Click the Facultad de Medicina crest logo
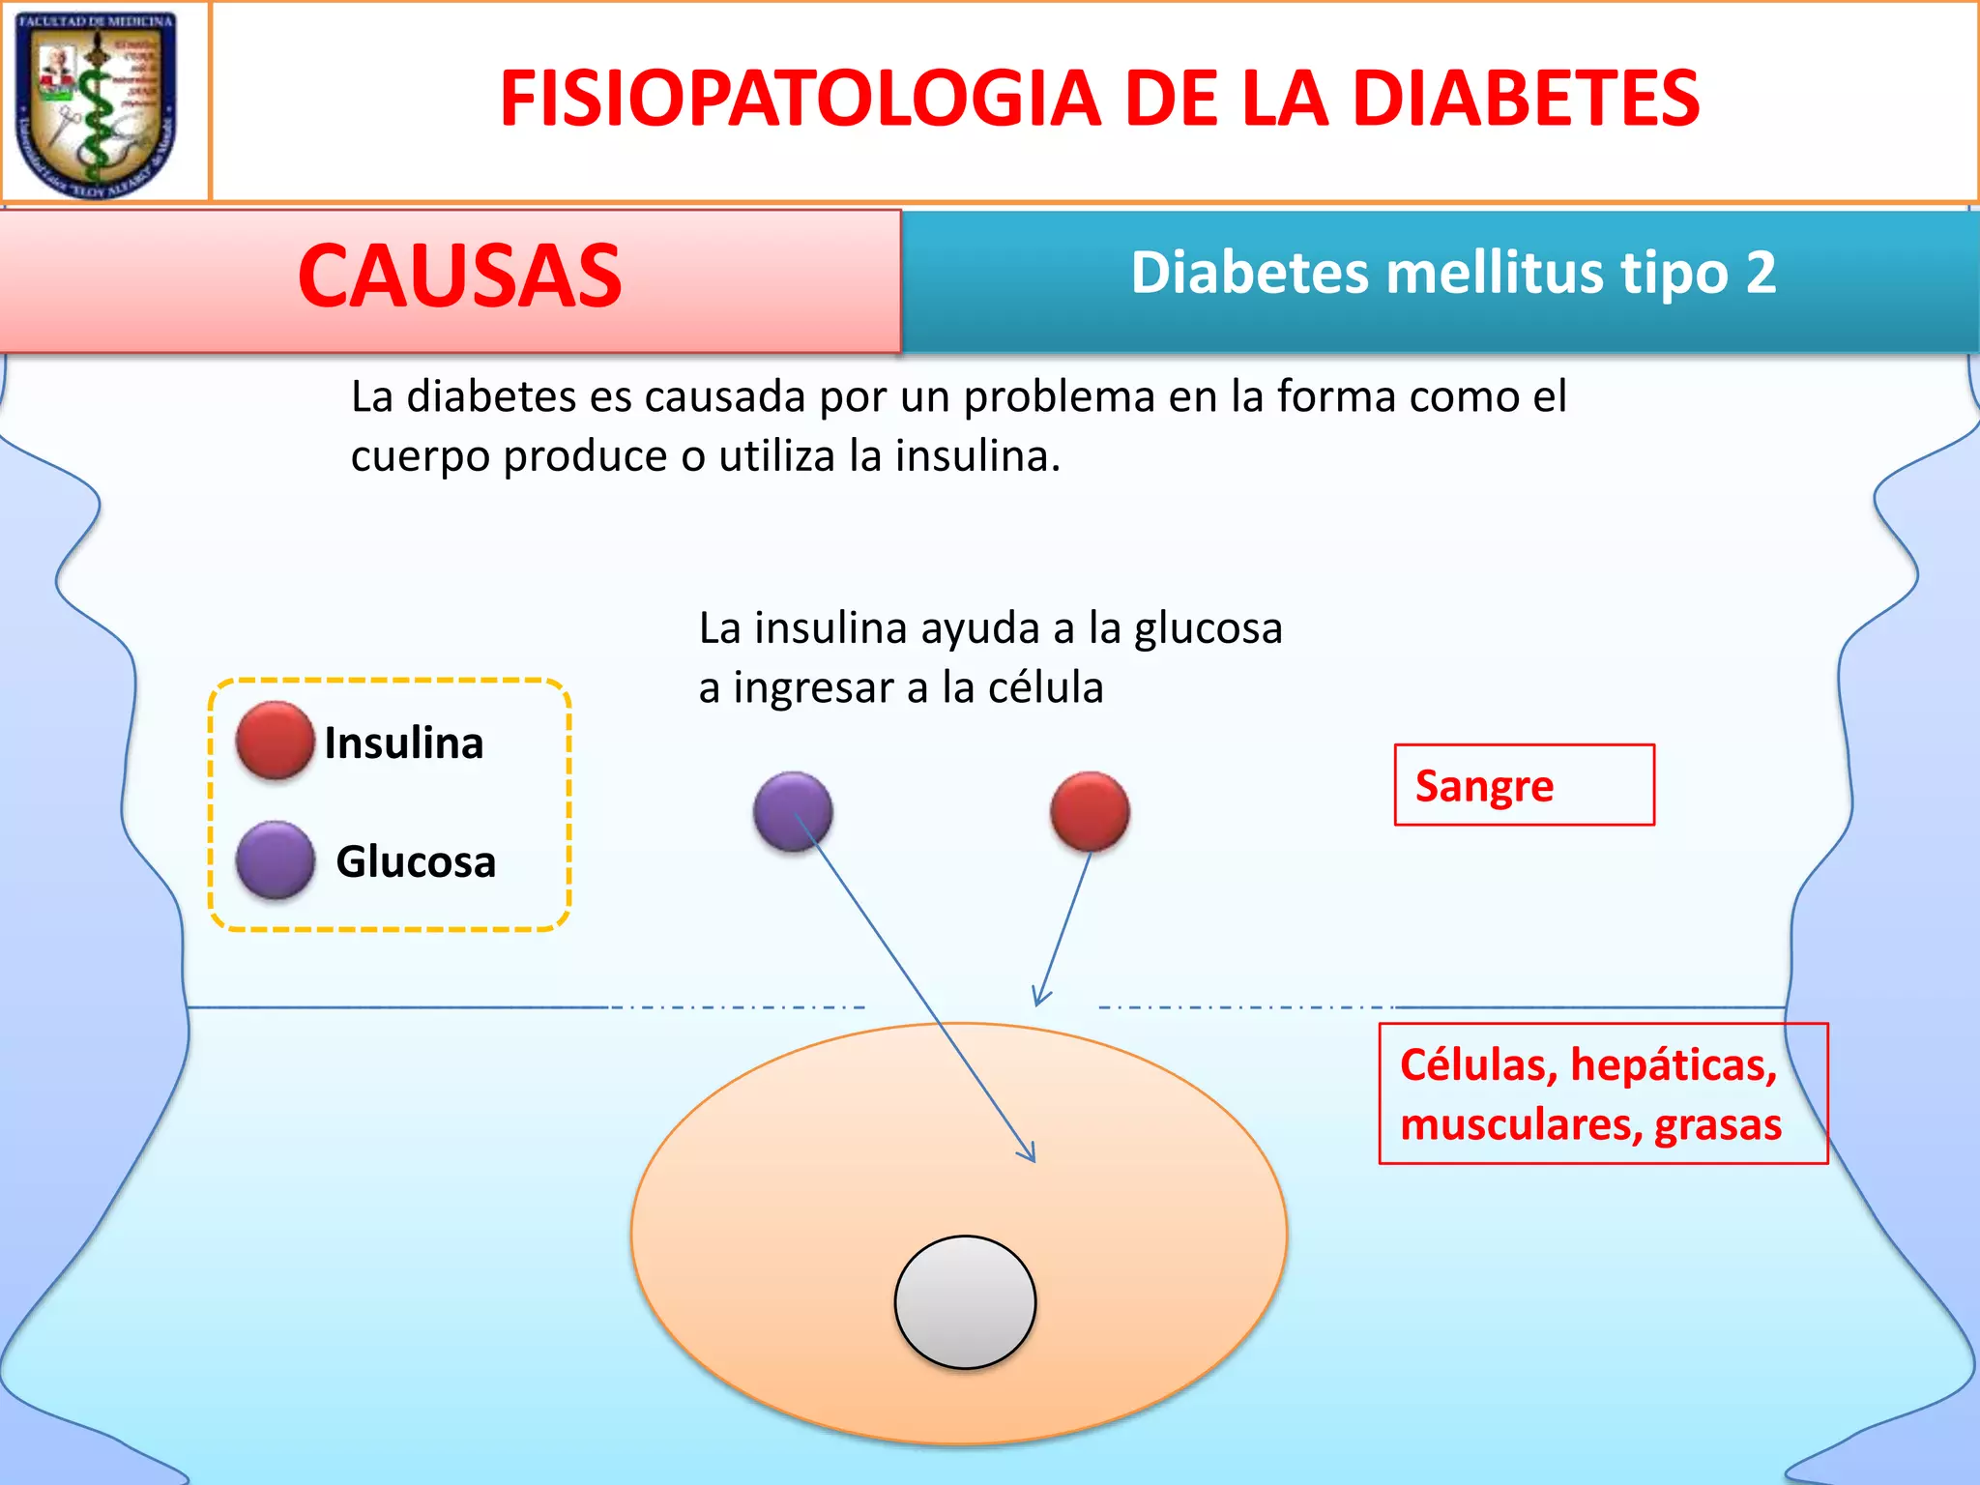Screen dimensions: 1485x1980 [x=97, y=102]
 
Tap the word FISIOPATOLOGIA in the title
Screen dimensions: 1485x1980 [x=800, y=99]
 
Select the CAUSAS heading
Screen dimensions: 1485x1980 [x=459, y=277]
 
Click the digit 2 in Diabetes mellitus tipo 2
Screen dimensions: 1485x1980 [x=1760, y=273]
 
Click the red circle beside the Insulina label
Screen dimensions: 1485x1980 [x=275, y=741]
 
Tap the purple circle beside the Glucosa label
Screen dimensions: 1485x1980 [x=275, y=859]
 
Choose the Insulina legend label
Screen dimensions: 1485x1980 [x=403, y=743]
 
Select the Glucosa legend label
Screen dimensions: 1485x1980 [x=416, y=861]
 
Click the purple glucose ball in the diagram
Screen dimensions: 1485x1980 [x=793, y=811]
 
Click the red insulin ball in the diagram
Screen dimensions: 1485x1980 [x=1090, y=811]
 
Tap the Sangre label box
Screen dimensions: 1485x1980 [x=1523, y=785]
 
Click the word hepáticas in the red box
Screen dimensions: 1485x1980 [x=1673, y=1065]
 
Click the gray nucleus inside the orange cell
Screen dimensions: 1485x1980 [x=965, y=1301]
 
